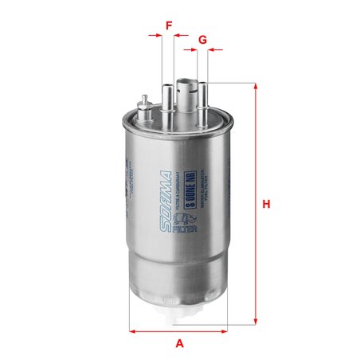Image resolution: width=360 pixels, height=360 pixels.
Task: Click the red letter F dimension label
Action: pos(169,25)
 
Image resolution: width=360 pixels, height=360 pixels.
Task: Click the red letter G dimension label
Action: pos(202,39)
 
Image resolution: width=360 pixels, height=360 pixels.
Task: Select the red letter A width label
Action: pos(180,343)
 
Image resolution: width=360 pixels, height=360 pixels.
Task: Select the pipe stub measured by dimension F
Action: pos(168,100)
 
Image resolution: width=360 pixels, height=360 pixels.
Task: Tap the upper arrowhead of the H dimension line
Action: pos(256,86)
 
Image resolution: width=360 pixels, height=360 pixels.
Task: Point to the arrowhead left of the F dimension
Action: pos(158,36)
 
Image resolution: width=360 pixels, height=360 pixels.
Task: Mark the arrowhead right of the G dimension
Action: pos(213,49)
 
